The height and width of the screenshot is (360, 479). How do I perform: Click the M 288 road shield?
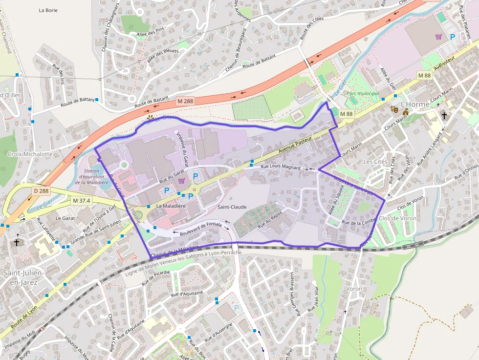[186, 101]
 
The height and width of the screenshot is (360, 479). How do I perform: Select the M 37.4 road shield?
[82, 200]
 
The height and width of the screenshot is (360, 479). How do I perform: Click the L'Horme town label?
[414, 104]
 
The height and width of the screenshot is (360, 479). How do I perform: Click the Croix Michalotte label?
[30, 154]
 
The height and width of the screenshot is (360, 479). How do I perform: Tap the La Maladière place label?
[171, 206]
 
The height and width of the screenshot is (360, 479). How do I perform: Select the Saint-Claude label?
[232, 207]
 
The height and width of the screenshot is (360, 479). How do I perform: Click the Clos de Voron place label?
[397, 218]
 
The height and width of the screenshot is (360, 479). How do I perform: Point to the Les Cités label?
[375, 162]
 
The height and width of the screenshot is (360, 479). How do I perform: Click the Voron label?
[354, 289]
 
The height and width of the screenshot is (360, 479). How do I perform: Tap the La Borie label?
[48, 10]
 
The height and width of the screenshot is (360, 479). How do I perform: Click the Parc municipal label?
[362, 93]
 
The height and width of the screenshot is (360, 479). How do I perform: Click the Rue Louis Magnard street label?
[280, 167]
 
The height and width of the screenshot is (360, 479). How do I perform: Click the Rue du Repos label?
[270, 218]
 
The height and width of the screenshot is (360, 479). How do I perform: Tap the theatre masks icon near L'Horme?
[393, 110]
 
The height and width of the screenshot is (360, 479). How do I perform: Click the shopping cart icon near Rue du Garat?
[182, 181]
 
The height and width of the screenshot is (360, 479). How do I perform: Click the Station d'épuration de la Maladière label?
[95, 176]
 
